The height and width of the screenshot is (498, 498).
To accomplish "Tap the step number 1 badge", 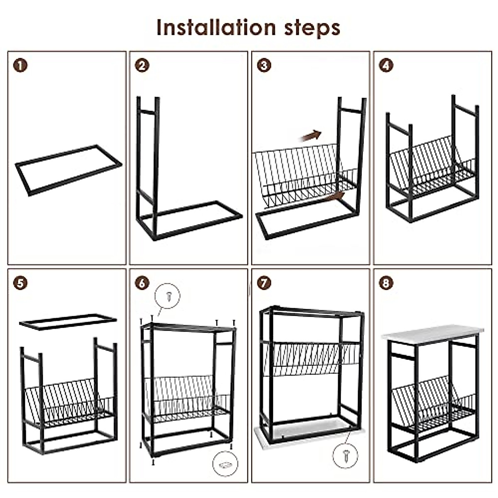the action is [x=20, y=66].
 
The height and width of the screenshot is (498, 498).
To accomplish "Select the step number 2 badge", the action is [x=142, y=66].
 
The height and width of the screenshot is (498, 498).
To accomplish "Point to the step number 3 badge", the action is [x=264, y=66].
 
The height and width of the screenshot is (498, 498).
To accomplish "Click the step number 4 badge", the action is [x=386, y=66].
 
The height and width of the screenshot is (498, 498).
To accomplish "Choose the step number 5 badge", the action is [x=20, y=283].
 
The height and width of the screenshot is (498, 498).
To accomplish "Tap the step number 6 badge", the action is [x=142, y=283].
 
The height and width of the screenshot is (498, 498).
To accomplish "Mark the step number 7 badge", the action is [x=264, y=283].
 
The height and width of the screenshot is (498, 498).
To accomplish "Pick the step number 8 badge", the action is [x=386, y=283].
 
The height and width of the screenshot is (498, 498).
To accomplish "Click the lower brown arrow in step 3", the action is [x=336, y=196].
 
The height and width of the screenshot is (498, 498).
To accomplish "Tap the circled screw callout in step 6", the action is [x=168, y=296].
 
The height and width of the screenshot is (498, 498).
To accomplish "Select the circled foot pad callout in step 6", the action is [x=225, y=464].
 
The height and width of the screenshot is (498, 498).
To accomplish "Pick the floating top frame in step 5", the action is [x=68, y=322].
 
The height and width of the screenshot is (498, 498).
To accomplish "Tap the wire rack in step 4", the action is [x=432, y=166].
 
